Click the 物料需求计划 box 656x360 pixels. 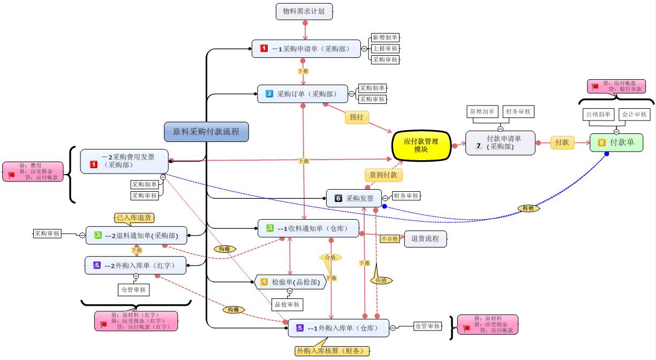click(304, 11)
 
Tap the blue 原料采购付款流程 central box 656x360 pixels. click(206, 131)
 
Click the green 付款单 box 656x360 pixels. click(616, 143)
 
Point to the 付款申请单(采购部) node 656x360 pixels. click(500, 143)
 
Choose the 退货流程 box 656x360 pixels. click(425, 238)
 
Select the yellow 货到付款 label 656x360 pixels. click(383, 175)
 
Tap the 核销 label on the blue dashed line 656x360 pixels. click(528, 208)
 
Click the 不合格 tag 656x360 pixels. click(389, 239)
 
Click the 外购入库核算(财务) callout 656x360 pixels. click(331, 351)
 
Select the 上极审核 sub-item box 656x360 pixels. click(386, 49)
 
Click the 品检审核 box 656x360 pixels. click(287, 304)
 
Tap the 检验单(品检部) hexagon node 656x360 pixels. click(290, 282)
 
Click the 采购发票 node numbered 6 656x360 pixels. click(354, 198)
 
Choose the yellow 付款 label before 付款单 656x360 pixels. click(562, 142)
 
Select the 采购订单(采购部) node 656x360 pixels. click(302, 94)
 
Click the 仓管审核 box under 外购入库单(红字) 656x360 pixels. click(133, 289)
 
